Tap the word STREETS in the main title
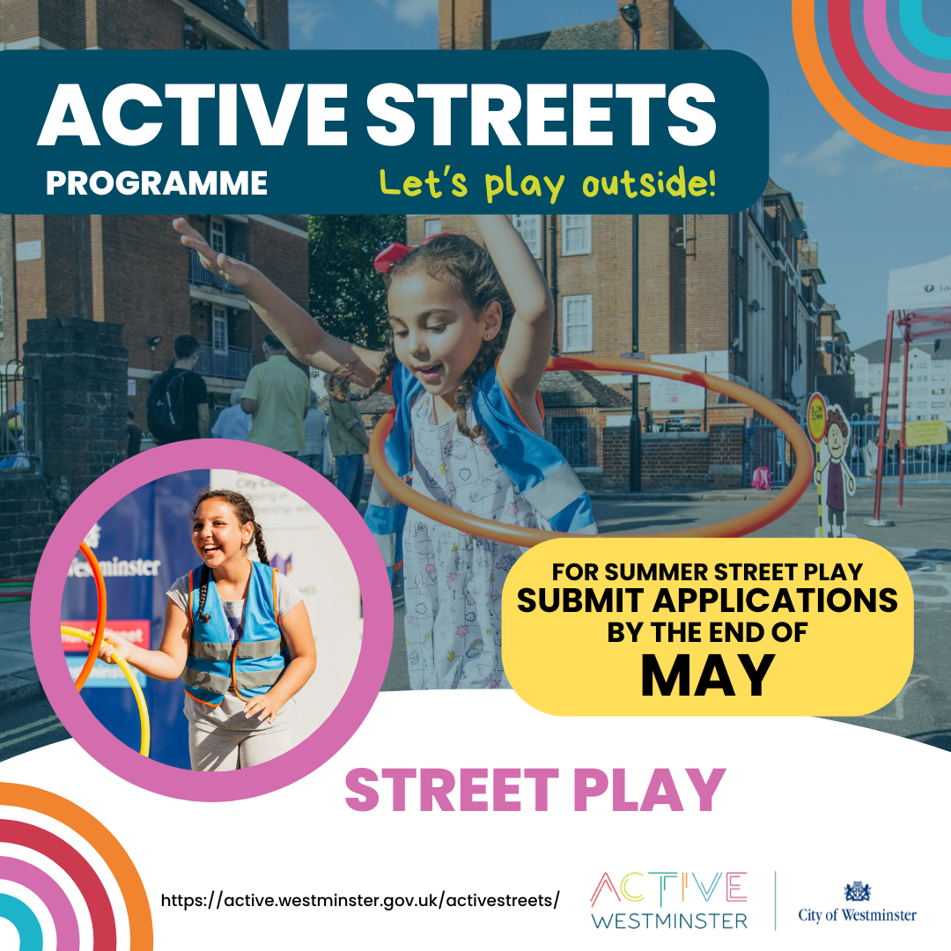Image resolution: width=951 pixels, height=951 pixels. tap(542, 116)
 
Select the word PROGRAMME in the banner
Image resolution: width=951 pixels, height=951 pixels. tap(157, 183)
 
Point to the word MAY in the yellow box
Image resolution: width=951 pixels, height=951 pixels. tap(707, 675)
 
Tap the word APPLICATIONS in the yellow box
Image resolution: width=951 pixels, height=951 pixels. tap(774, 601)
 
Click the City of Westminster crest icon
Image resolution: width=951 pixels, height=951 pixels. tap(857, 891)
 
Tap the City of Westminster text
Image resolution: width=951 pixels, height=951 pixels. tap(857, 916)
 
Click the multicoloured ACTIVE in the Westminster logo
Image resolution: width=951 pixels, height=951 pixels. tap(669, 889)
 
